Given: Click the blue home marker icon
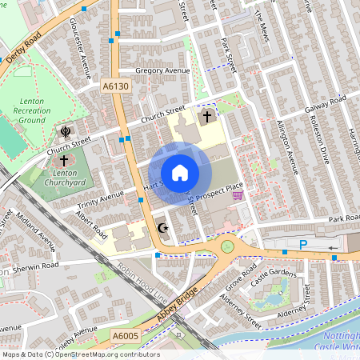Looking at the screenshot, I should (180, 172).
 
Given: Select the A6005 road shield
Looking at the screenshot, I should (125, 336).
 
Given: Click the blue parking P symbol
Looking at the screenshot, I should (302, 245).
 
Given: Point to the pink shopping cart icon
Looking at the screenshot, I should (238, 195).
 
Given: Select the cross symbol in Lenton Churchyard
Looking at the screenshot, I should (63, 162).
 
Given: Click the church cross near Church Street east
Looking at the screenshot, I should (206, 117).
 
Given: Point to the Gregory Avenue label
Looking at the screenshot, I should (162, 71).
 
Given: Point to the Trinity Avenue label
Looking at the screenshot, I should (101, 197).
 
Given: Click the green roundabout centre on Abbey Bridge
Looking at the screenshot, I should (227, 246).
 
